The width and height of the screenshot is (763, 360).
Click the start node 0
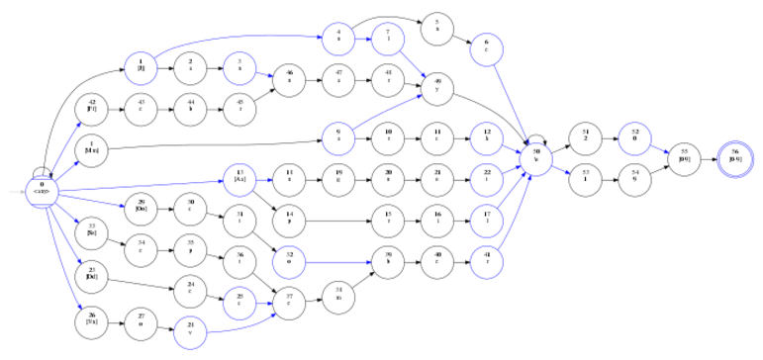pyautogui.click(x=43, y=188)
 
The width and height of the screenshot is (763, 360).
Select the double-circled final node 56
pyautogui.click(x=734, y=156)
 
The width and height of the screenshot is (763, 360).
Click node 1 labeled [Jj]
pyautogui.click(x=142, y=68)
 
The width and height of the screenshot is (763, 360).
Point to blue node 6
pyautogui.click(x=487, y=46)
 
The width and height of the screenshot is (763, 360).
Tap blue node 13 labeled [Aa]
pyautogui.click(x=239, y=179)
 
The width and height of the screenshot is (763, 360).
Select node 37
pyautogui.click(x=289, y=297)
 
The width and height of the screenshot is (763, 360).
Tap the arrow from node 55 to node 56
pyautogui.click(x=709, y=156)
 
